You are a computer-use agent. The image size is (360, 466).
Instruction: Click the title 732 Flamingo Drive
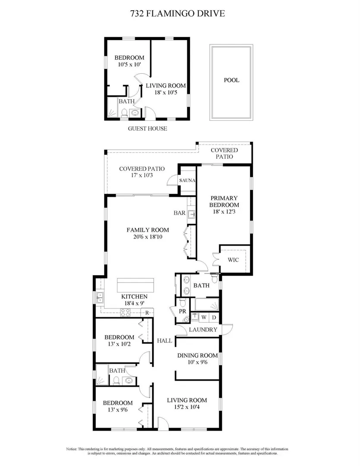[x=177, y=13]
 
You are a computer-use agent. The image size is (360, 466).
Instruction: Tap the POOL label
[x=231, y=80]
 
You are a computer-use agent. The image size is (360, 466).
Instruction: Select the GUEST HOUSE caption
[x=148, y=129]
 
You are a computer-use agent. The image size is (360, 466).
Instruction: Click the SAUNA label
[x=187, y=180]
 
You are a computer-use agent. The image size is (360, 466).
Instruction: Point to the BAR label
[x=180, y=213]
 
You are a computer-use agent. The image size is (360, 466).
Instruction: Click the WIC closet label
[x=233, y=260]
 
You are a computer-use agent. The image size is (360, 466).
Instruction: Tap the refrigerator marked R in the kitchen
[x=147, y=313]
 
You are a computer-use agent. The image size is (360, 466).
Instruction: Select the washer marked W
[x=204, y=317]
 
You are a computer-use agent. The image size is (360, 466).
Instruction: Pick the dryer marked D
[x=214, y=317]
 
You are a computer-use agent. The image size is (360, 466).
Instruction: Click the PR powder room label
[x=183, y=312]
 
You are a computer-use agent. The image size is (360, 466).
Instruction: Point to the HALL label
[x=165, y=341]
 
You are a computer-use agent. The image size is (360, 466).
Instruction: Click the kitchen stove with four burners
[x=125, y=313]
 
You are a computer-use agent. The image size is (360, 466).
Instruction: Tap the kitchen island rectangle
[x=136, y=285]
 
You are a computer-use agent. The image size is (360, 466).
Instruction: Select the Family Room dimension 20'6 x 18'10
[x=148, y=237]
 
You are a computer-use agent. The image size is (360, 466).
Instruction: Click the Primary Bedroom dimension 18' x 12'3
[x=224, y=211]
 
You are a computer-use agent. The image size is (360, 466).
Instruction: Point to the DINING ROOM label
[x=197, y=356]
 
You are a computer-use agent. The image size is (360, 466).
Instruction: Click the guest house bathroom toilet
[x=125, y=113]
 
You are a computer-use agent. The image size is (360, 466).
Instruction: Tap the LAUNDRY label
[x=203, y=330]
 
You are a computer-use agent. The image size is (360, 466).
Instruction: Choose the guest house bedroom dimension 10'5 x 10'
[x=129, y=64]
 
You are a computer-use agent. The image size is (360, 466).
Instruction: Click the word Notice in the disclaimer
[x=71, y=449]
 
